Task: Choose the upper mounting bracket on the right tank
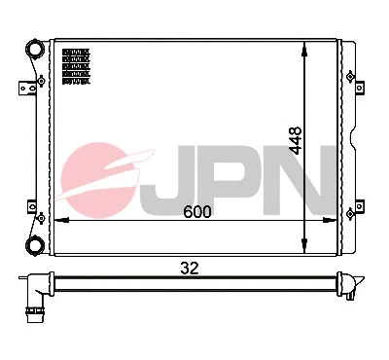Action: pos(364,87)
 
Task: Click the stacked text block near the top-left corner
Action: pos(75,66)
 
